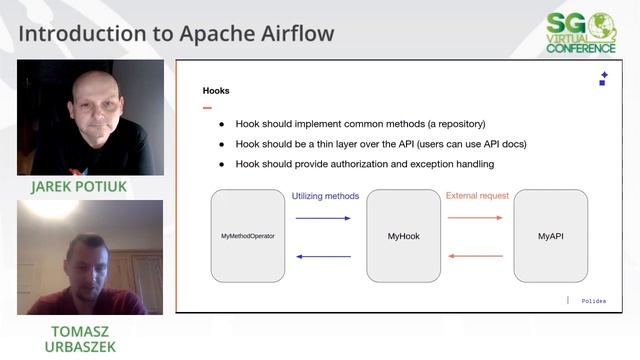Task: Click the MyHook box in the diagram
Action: (403, 236)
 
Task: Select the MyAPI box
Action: (550, 236)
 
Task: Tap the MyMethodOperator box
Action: (247, 236)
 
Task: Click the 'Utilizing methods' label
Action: (324, 196)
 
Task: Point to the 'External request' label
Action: (477, 196)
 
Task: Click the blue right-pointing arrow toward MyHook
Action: (323, 217)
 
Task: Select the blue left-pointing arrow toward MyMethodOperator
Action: (323, 256)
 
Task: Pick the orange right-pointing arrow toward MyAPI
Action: (475, 217)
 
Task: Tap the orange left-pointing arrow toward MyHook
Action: (475, 256)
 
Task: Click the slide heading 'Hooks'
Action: (216, 91)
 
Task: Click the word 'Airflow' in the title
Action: (291, 33)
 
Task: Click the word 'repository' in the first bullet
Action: (454, 124)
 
